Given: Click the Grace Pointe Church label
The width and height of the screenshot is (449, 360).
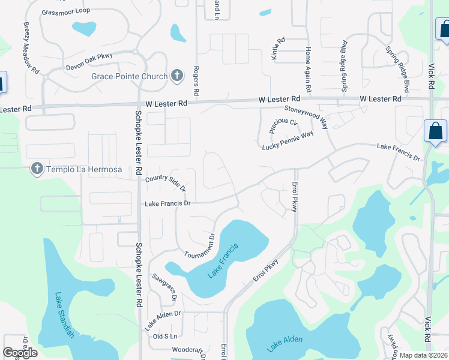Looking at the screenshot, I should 129,76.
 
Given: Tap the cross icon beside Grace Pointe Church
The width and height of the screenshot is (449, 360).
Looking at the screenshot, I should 176,76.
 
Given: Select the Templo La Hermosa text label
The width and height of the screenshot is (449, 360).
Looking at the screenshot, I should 83,170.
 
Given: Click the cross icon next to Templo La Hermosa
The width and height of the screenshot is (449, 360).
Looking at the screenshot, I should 37,170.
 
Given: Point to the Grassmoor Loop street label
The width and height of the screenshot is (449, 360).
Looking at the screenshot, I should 65,12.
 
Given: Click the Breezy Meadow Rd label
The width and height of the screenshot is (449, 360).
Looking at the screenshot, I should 31,49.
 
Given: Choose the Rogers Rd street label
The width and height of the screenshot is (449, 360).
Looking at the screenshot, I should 196,82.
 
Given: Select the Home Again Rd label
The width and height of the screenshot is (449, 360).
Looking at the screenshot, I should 308,70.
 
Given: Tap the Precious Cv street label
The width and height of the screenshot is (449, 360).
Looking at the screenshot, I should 283,126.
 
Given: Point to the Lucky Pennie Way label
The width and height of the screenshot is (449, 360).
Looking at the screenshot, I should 288,140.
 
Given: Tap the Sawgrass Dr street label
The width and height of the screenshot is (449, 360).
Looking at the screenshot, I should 165,288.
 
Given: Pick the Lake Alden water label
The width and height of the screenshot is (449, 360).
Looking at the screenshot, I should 285,343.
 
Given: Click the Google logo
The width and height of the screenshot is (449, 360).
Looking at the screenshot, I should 20,353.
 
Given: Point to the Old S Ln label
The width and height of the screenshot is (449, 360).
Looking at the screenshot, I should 166,336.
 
